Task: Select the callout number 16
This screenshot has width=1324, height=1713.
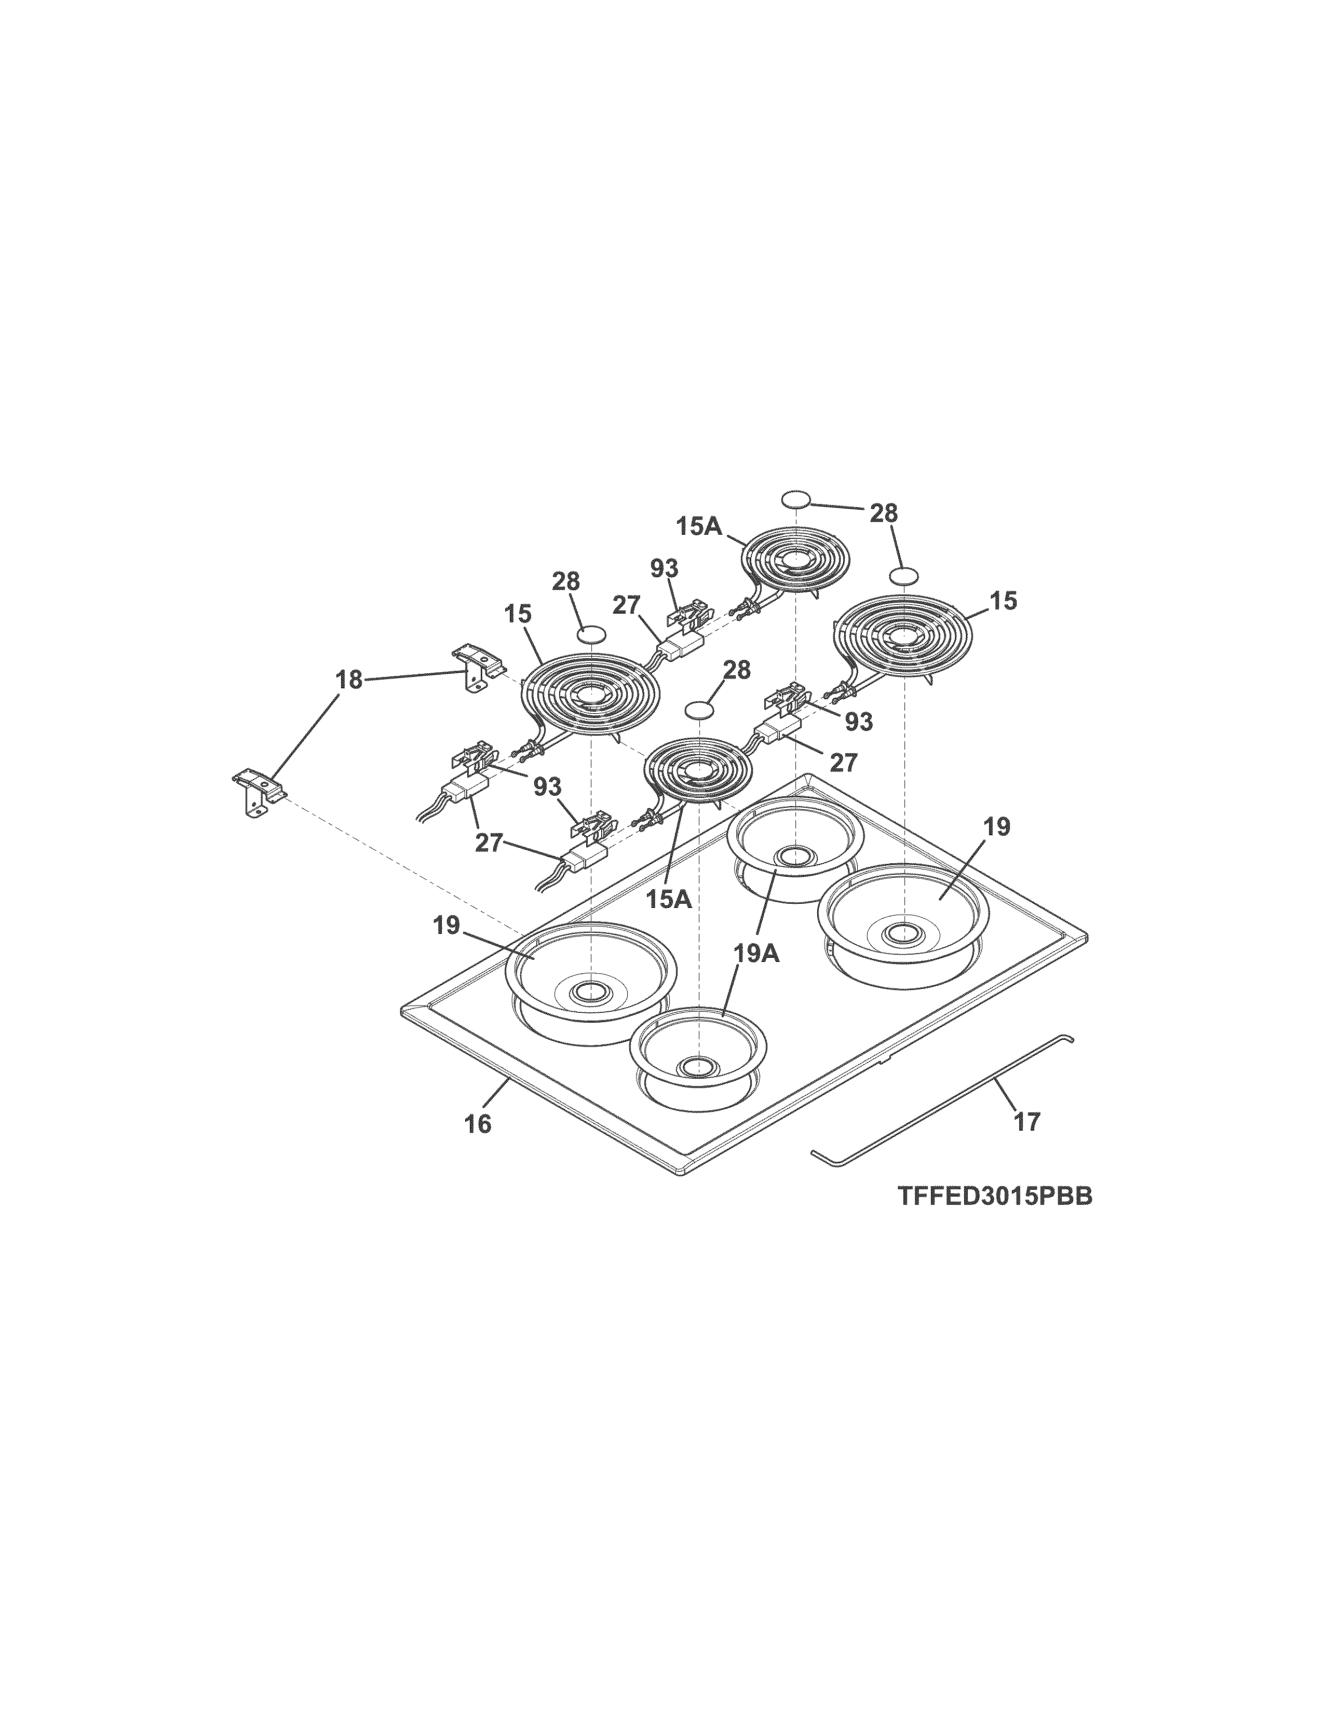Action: (x=478, y=1124)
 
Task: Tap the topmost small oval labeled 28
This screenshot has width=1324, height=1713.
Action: (x=795, y=499)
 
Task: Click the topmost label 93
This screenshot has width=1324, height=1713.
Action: (x=665, y=568)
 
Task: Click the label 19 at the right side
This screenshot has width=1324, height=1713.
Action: (x=997, y=827)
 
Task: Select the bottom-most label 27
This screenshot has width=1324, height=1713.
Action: (x=490, y=844)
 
